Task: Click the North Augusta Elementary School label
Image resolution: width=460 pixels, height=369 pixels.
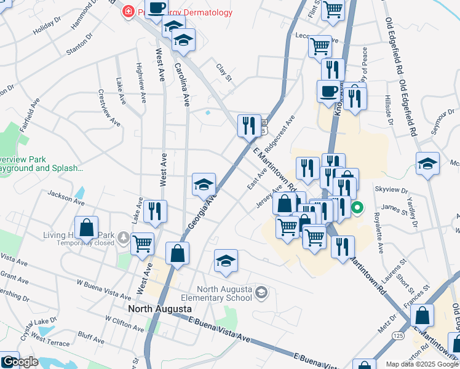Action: pyautogui.click(x=224, y=293)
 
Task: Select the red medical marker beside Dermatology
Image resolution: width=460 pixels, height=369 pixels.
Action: pyautogui.click(x=129, y=12)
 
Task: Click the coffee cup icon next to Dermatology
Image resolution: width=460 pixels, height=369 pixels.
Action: pyautogui.click(x=156, y=8)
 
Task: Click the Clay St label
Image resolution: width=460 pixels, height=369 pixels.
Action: pyautogui.click(x=223, y=73)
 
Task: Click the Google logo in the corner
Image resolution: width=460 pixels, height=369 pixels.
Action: pyautogui.click(x=20, y=362)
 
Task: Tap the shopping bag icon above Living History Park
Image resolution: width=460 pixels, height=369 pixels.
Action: pyautogui.click(x=87, y=228)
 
